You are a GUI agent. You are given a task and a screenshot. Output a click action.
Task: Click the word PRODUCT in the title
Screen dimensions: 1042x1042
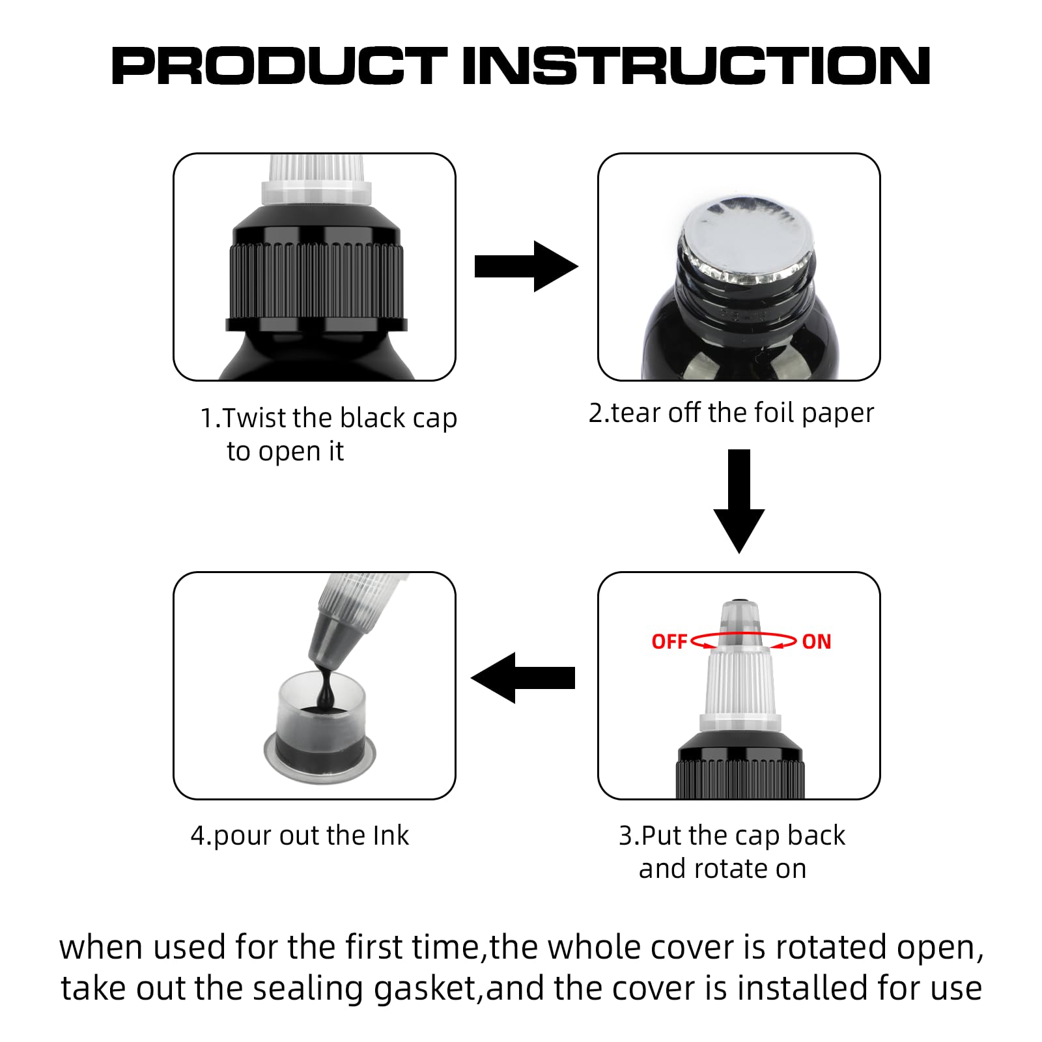click(x=279, y=66)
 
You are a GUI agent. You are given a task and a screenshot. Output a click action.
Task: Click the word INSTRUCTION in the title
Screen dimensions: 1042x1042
click(x=696, y=66)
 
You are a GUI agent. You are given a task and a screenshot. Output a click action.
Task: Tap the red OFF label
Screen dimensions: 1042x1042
click(x=669, y=641)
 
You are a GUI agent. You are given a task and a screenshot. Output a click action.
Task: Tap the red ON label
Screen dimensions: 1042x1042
click(x=817, y=641)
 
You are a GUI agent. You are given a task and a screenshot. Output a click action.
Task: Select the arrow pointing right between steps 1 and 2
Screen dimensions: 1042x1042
click(x=526, y=266)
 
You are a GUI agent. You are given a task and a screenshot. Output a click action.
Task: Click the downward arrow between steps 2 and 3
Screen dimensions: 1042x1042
click(x=739, y=501)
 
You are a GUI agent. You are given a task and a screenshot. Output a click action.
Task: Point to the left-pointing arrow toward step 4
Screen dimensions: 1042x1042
click(x=523, y=678)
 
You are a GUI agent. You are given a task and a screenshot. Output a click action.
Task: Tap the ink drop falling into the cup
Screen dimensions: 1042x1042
click(x=326, y=689)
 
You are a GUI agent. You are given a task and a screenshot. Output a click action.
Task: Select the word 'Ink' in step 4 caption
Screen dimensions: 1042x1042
click(x=391, y=835)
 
